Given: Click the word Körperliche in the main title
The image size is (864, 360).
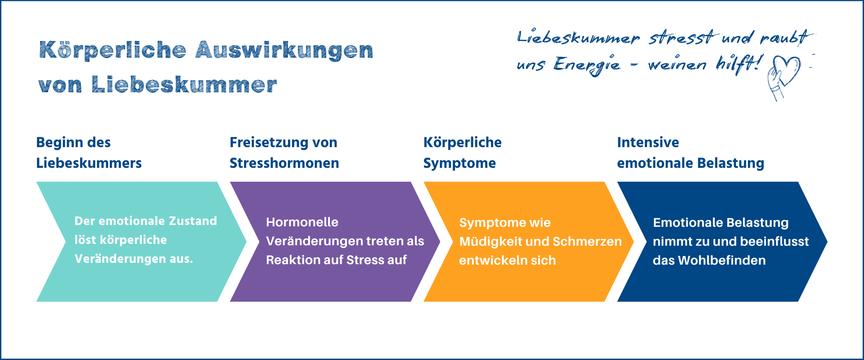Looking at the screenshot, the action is [112, 50].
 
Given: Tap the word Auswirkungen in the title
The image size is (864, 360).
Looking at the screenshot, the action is [284, 50].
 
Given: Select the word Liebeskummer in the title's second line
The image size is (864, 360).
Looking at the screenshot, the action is [184, 85].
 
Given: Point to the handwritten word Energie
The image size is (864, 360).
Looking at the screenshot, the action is [587, 65].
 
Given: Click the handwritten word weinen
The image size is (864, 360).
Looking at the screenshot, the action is [677, 65].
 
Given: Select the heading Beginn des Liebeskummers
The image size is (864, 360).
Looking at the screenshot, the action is [89, 153].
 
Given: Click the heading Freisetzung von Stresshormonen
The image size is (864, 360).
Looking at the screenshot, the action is [284, 153].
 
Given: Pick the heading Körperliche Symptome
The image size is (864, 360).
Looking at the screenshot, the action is [463, 153].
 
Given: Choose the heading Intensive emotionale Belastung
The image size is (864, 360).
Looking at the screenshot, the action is [691, 153].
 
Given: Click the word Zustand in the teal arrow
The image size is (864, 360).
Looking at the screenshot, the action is [193, 221].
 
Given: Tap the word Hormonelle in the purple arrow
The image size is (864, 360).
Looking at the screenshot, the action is [302, 222].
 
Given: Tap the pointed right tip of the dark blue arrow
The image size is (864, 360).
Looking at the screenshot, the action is [827, 242].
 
